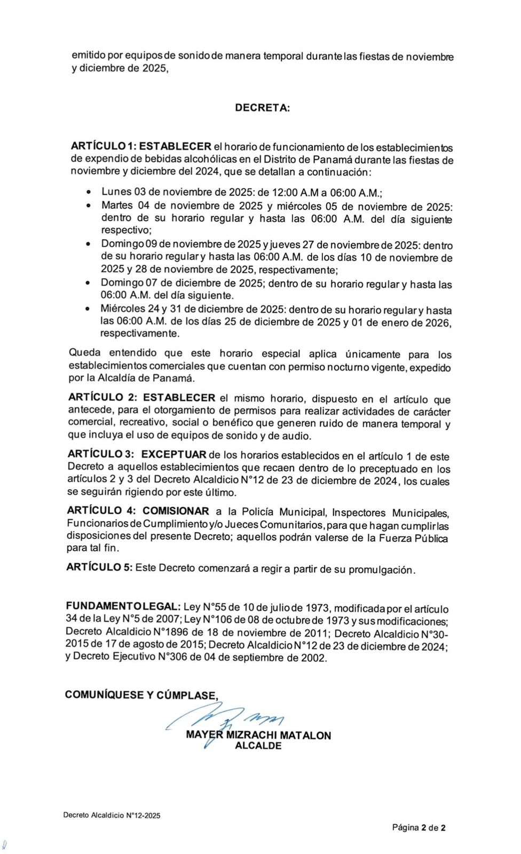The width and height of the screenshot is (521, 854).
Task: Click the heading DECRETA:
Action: click(x=263, y=107)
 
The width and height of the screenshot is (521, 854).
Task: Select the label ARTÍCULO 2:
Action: click(x=103, y=397)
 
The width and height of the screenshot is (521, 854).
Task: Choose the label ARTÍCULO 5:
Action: click(x=99, y=567)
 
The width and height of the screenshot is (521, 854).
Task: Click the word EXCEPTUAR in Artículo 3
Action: click(x=173, y=455)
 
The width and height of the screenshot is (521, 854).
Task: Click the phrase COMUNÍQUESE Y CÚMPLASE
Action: click(x=141, y=695)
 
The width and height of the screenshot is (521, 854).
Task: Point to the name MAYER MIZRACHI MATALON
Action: click(x=258, y=735)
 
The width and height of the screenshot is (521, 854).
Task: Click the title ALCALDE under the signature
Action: click(x=258, y=746)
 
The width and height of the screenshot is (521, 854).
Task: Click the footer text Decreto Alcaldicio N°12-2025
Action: click(x=112, y=816)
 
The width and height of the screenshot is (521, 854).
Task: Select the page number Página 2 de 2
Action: click(x=419, y=828)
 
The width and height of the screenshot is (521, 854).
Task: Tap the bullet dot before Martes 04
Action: click(x=89, y=205)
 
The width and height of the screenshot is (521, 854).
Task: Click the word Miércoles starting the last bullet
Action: click(x=123, y=309)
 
